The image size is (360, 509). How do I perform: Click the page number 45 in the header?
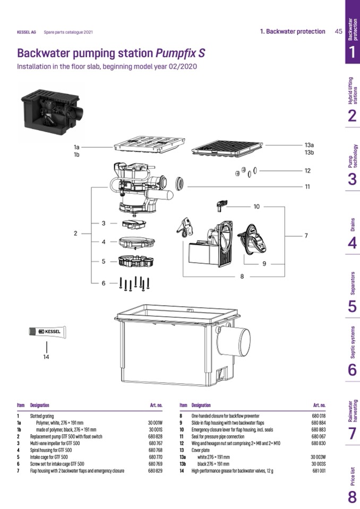[338, 31]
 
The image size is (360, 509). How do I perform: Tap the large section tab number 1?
[352, 52]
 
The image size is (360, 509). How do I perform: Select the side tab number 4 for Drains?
[352, 243]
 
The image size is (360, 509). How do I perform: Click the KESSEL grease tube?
[47, 332]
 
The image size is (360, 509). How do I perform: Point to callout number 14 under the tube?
[46, 357]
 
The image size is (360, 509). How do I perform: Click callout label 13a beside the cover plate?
[309, 144]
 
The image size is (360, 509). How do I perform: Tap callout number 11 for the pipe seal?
[307, 186]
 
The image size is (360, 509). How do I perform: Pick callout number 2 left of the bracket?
[75, 233]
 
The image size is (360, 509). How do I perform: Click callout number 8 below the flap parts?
[242, 276]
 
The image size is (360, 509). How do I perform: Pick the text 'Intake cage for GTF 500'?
[49, 456]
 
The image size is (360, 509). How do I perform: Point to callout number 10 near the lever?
[256, 206]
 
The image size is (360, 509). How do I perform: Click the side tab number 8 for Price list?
[352, 497]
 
